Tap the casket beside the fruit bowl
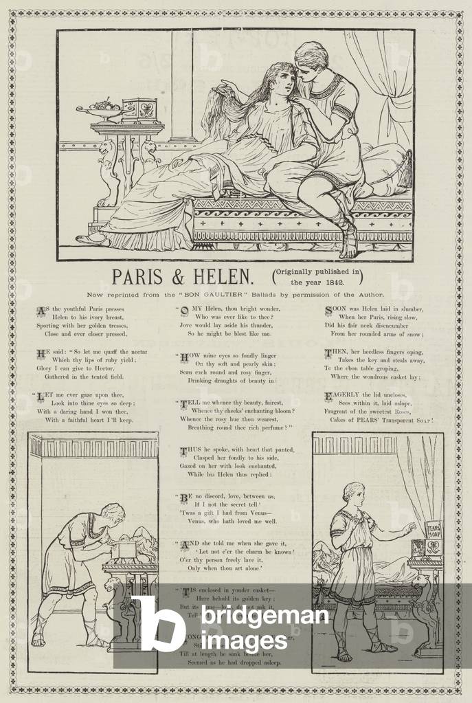click(x=139, y=111)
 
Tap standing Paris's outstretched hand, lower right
click(x=411, y=528)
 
